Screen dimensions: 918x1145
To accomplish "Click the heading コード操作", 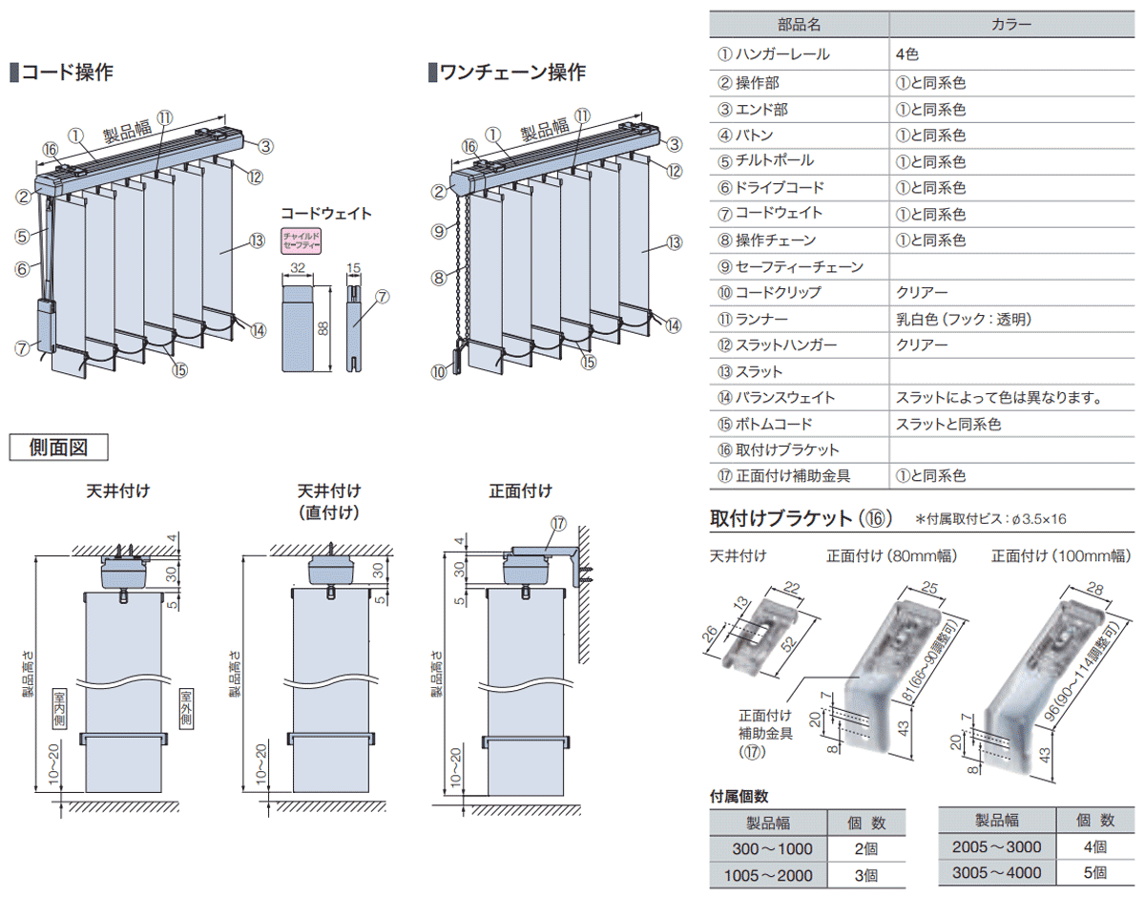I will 67,72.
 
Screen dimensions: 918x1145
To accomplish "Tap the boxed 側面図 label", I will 58,447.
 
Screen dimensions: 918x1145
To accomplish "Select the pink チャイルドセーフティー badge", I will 302,240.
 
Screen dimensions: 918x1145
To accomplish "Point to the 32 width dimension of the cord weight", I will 298,269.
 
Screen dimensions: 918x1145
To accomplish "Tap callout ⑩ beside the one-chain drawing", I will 438,372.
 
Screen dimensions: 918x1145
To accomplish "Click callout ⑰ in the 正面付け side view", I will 558,523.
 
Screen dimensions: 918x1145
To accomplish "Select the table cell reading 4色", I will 906,55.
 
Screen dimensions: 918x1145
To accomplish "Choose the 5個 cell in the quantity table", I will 1094,871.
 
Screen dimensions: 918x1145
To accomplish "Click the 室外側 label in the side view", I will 187,708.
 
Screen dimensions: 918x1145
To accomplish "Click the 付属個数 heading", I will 739,796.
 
